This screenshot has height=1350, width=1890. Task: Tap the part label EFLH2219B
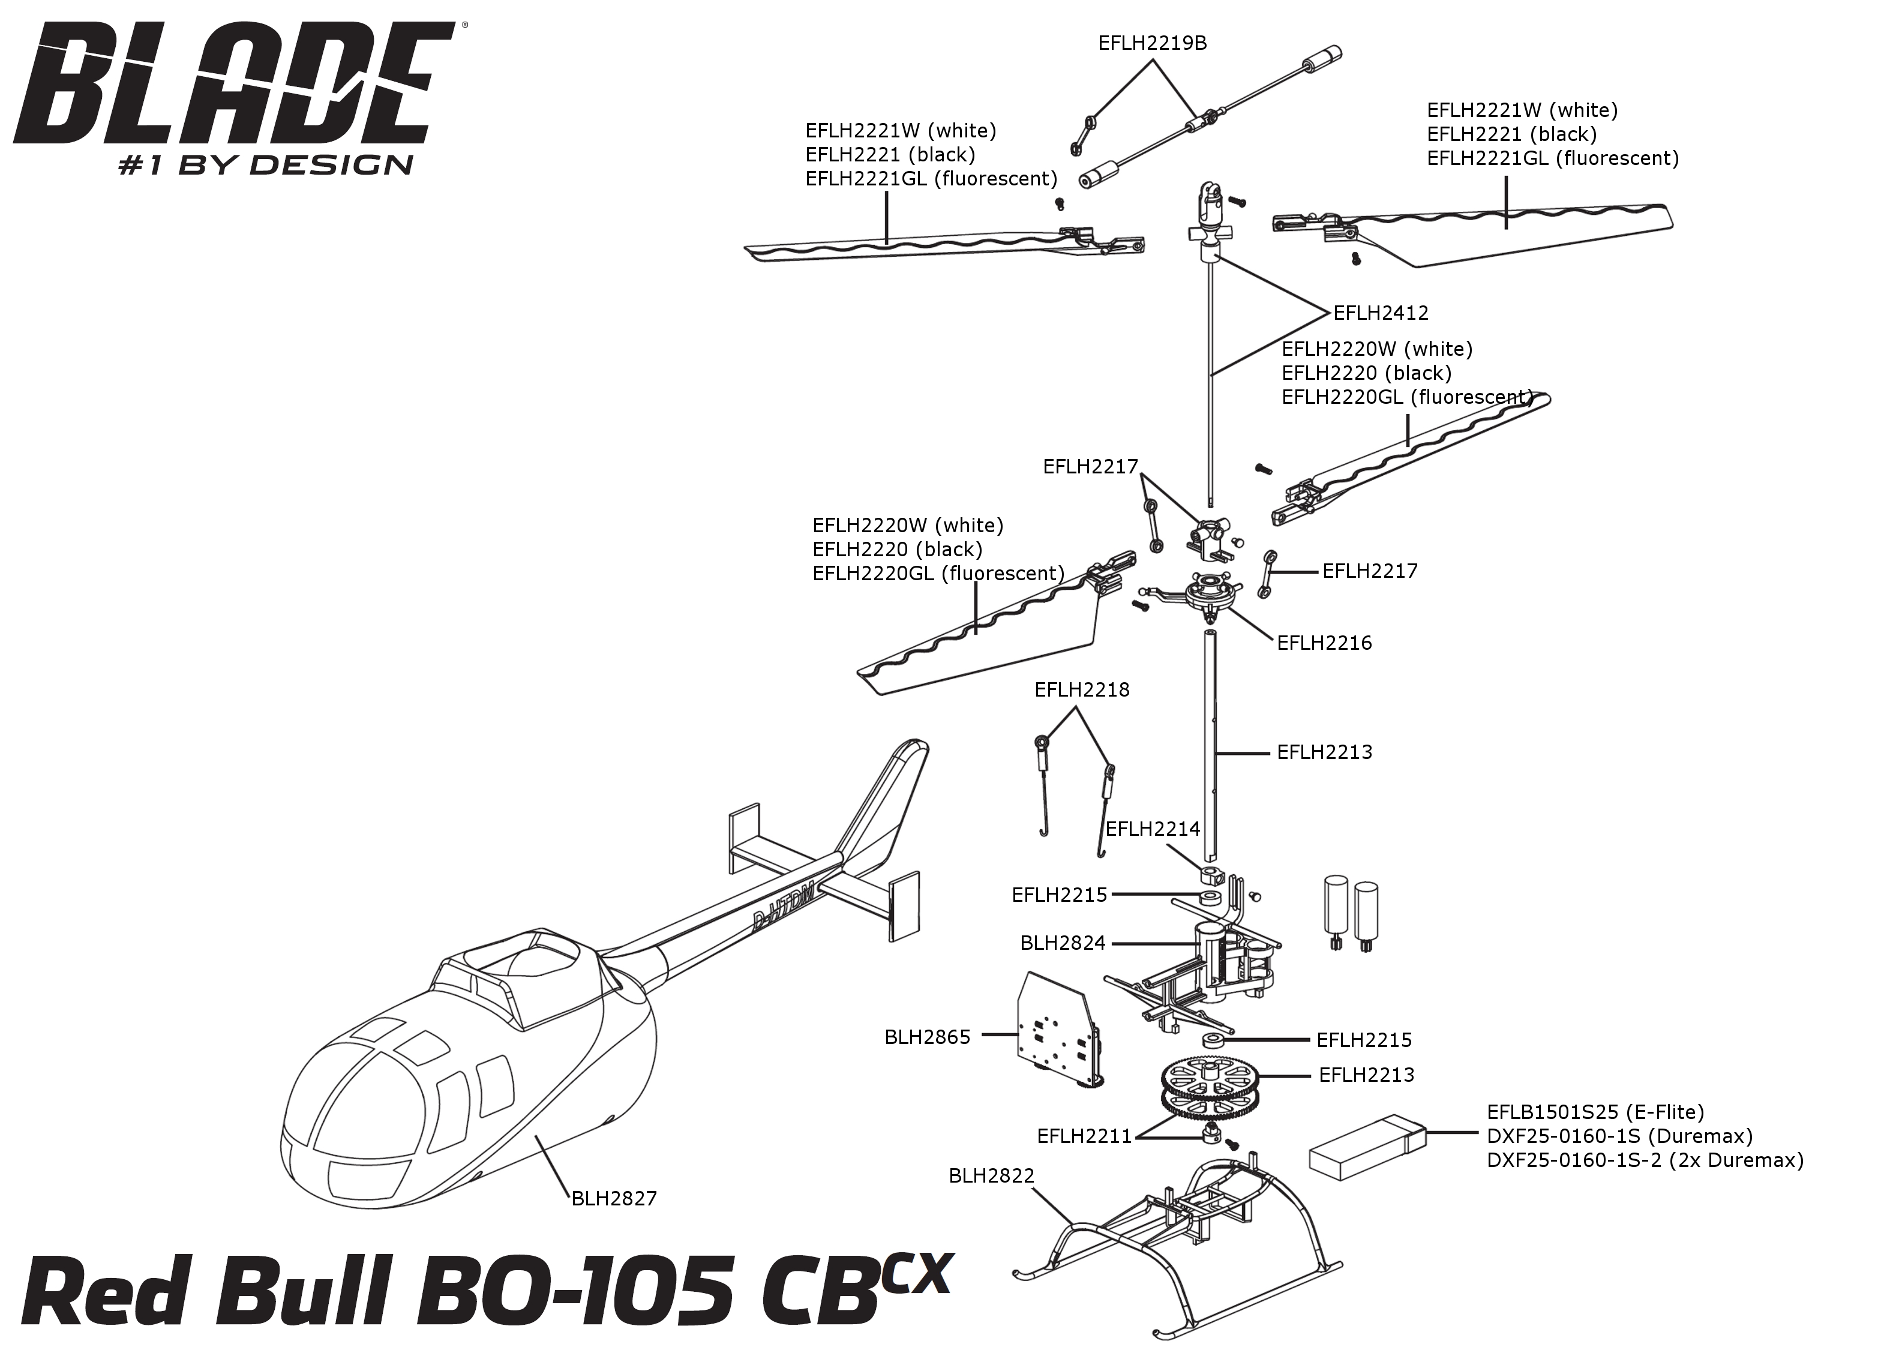pyautogui.click(x=1152, y=43)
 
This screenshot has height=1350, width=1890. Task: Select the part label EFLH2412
pyautogui.click(x=1381, y=313)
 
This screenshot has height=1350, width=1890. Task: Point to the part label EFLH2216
pyautogui.click(x=1324, y=643)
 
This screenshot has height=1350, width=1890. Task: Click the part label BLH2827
pyautogui.click(x=614, y=1199)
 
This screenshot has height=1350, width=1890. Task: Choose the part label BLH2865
pyautogui.click(x=927, y=1037)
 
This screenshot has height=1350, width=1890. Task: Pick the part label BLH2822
pyautogui.click(x=992, y=1175)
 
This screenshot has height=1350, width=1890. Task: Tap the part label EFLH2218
pyautogui.click(x=1082, y=690)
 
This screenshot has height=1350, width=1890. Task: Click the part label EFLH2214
pyautogui.click(x=1153, y=829)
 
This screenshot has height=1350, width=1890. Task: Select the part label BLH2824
pyautogui.click(x=1063, y=944)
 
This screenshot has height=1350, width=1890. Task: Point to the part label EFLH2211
pyautogui.click(x=1085, y=1136)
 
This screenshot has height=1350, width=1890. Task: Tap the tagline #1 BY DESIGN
pyautogui.click(x=266, y=164)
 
